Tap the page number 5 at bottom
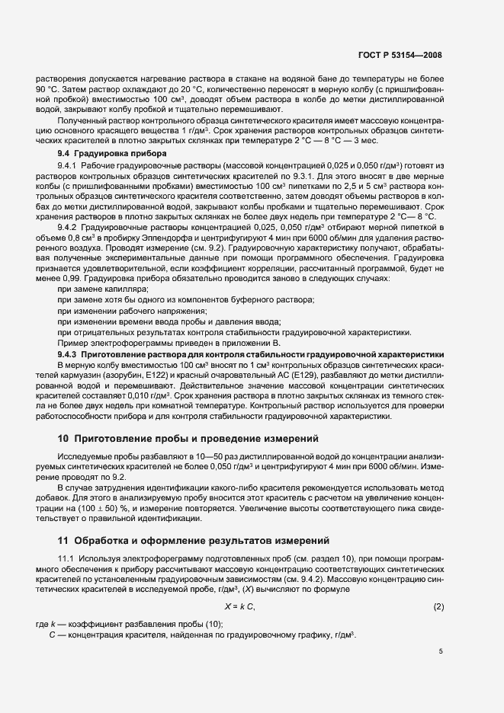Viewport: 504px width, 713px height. tap(441, 652)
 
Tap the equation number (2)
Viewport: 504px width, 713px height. tap(438, 606)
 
